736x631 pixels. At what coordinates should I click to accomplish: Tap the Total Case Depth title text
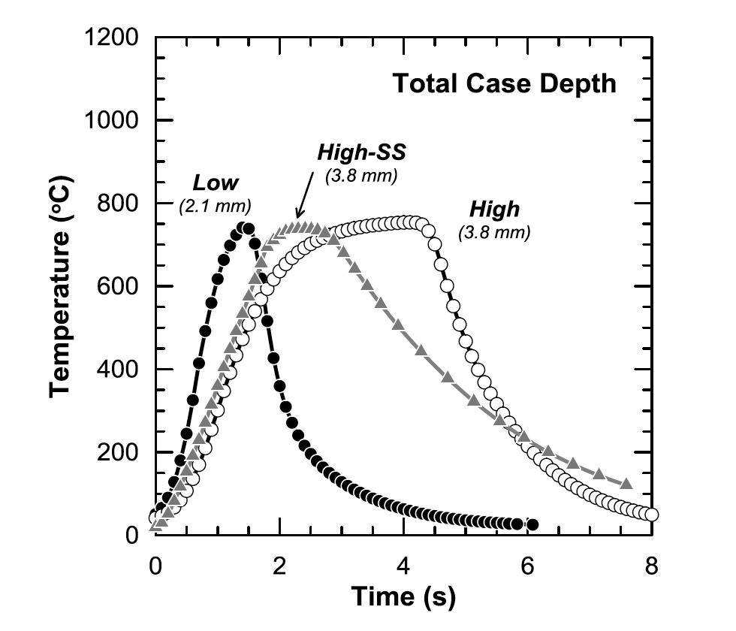tap(504, 84)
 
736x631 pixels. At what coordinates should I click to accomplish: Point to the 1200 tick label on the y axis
tap(112, 38)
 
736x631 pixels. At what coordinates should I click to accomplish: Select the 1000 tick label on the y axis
tap(112, 120)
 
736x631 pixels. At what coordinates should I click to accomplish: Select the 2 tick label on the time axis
tap(279, 565)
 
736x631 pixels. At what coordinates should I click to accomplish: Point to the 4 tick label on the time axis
tap(403, 565)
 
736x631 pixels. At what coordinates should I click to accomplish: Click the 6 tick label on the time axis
tap(528, 565)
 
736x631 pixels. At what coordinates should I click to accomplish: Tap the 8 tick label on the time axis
tap(652, 565)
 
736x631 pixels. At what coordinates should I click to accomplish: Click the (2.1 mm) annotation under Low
tap(214, 205)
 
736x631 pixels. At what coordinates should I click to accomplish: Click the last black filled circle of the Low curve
tap(532, 524)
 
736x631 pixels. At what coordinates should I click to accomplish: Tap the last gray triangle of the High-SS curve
tap(626, 483)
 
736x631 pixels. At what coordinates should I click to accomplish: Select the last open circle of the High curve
tap(652, 515)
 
